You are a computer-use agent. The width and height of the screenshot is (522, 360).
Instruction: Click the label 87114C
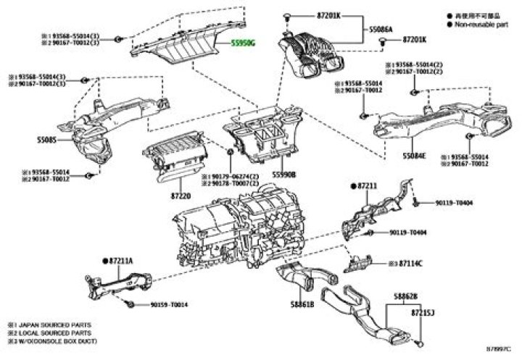coord(410,262)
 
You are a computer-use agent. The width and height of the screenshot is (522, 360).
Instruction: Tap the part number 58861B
coord(302,304)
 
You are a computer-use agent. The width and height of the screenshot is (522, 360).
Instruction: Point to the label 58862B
coord(406,296)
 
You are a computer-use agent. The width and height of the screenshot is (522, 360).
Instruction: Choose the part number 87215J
coord(422,314)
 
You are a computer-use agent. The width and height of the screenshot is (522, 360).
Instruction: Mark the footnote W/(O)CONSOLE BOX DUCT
coord(57,340)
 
